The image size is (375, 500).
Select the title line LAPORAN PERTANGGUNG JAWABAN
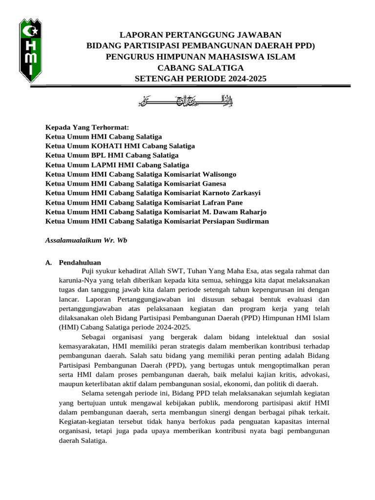[x=201, y=35]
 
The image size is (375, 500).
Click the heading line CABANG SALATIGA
[x=201, y=67]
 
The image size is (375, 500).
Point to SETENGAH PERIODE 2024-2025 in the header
[x=201, y=78]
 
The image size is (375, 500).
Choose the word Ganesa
[x=212, y=184]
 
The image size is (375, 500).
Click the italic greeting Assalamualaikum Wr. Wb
[x=86, y=240]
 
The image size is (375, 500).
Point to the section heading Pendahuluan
[x=80, y=262]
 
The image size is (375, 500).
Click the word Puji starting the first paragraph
[x=88, y=271]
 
